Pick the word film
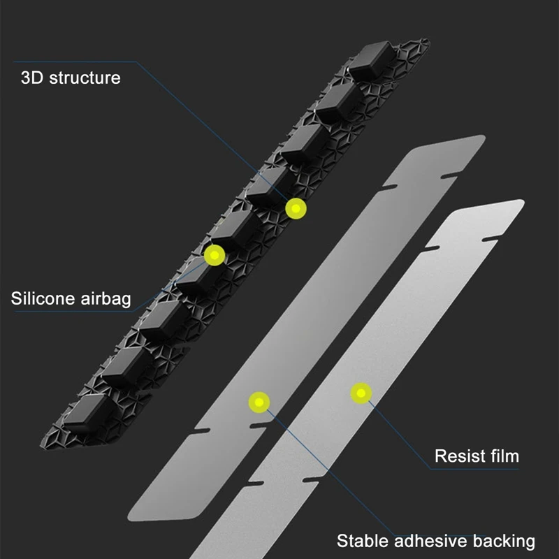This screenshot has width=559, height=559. (x=504, y=456)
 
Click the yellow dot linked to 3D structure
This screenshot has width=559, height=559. (x=296, y=208)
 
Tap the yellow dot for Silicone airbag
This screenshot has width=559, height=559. (x=214, y=255)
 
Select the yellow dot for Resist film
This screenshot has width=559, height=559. (x=361, y=393)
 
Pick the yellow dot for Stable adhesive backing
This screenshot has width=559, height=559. (x=259, y=401)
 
